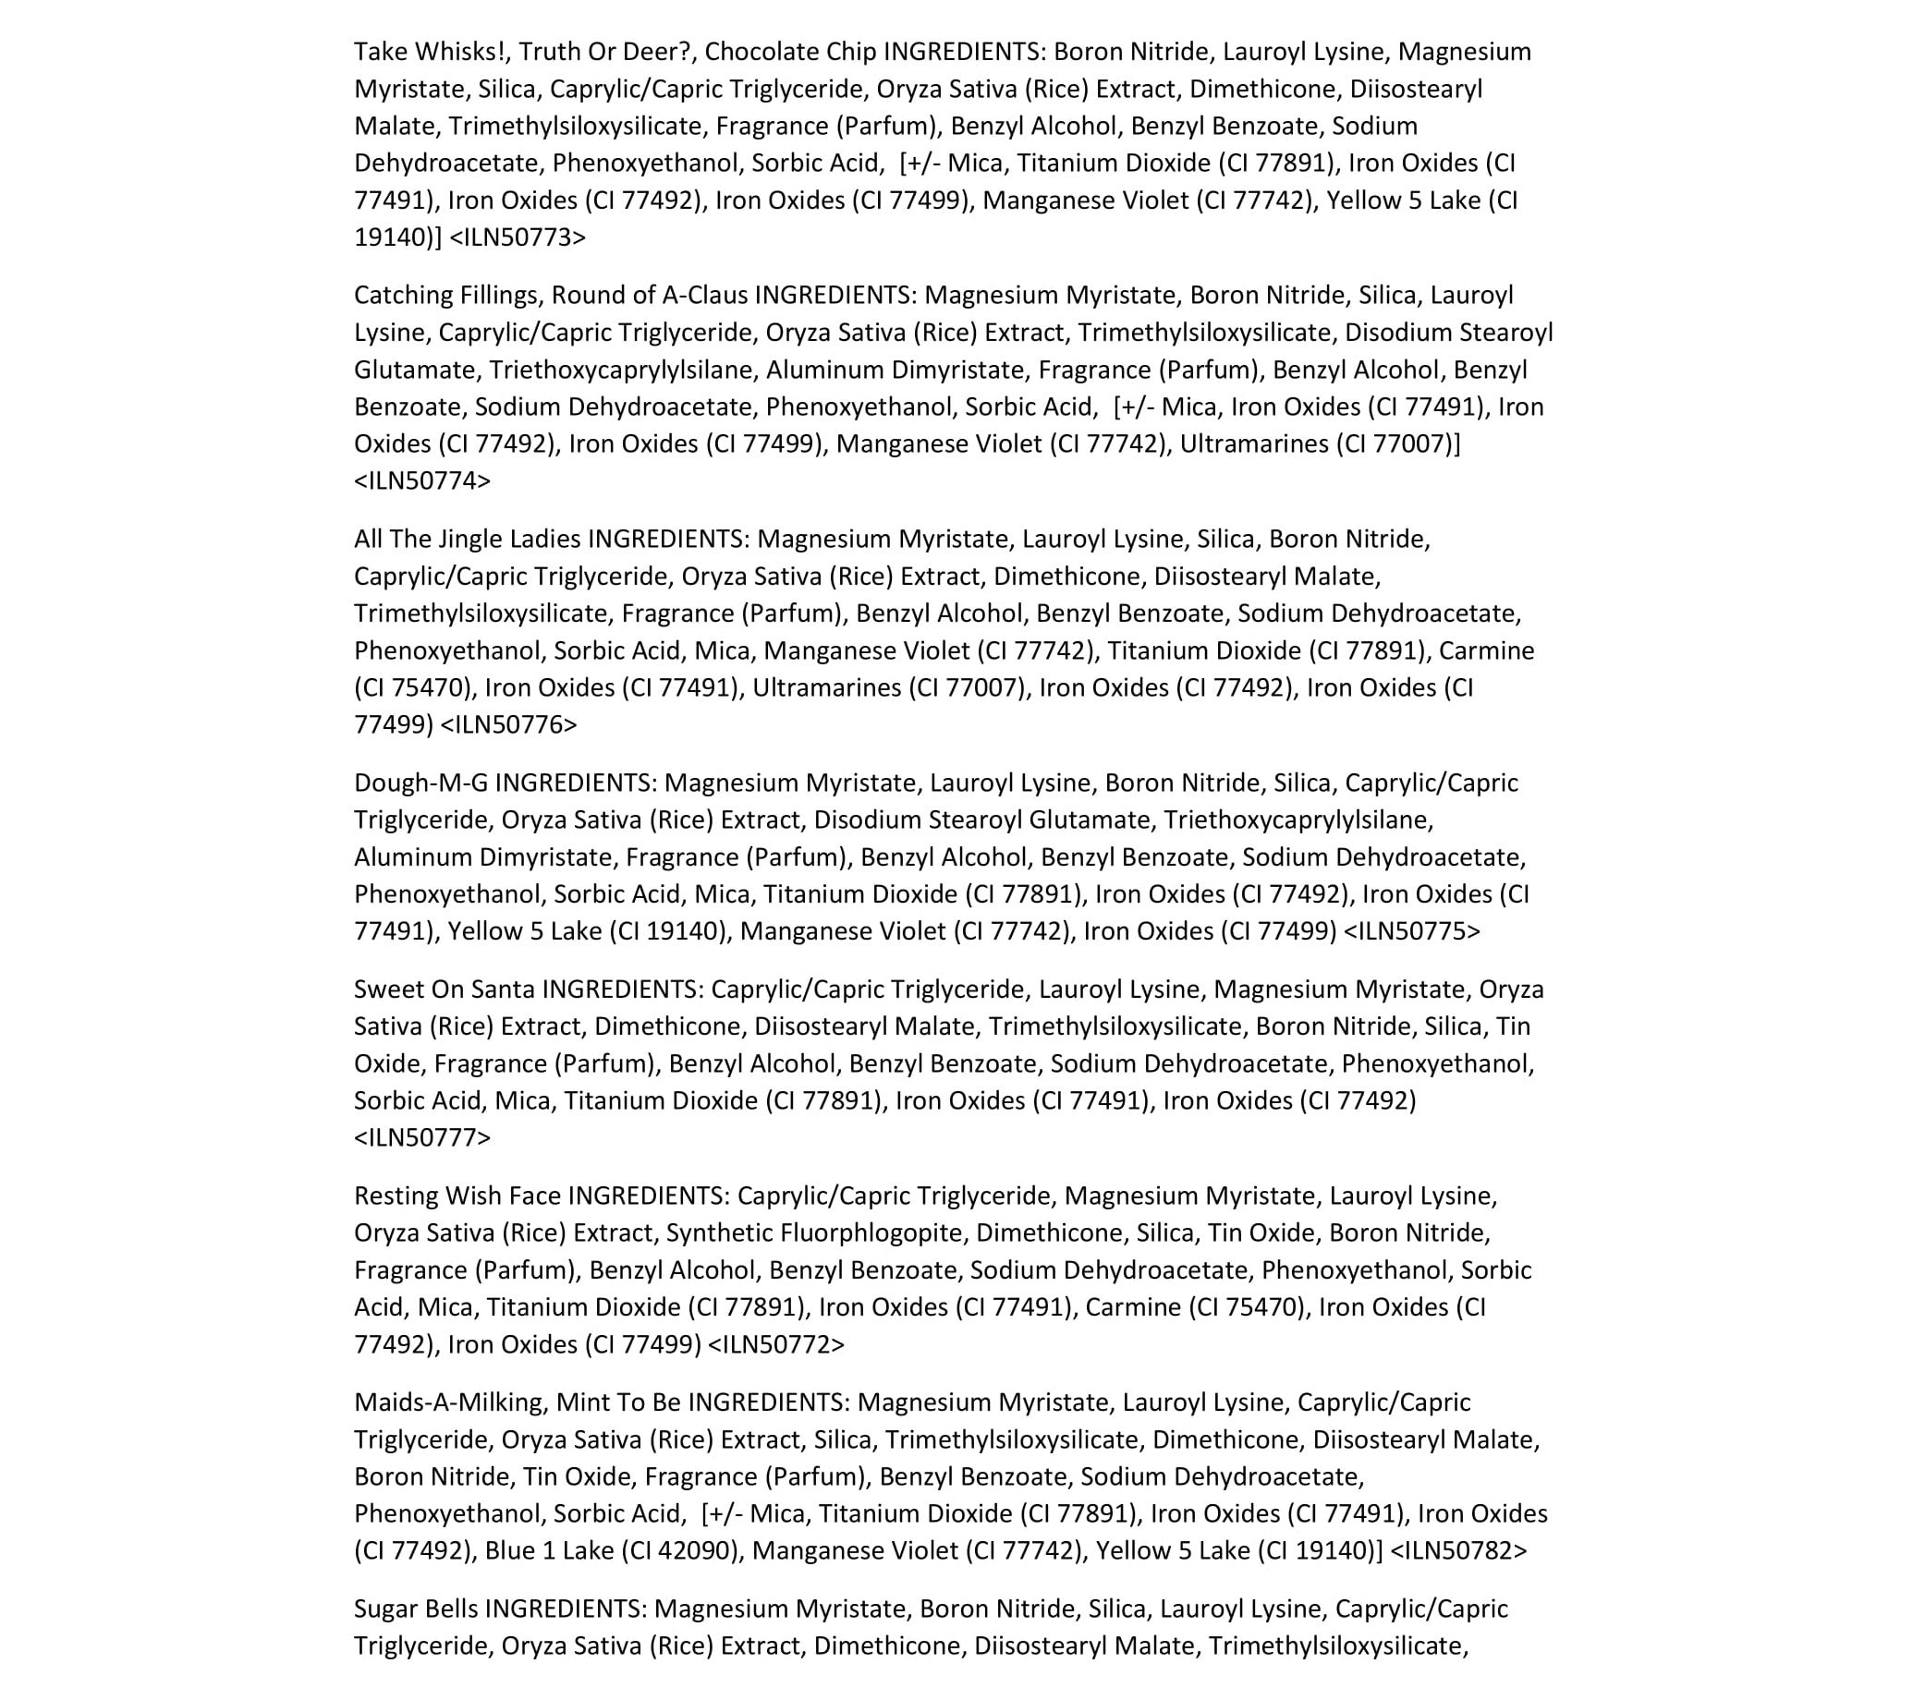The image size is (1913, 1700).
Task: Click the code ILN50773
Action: (518, 237)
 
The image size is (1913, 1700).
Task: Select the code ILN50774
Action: (422, 481)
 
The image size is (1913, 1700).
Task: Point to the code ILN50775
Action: (1412, 932)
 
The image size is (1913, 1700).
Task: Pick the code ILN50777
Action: (422, 1137)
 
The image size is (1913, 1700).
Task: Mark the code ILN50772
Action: (776, 1345)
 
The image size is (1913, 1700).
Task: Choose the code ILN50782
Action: (1458, 1551)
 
